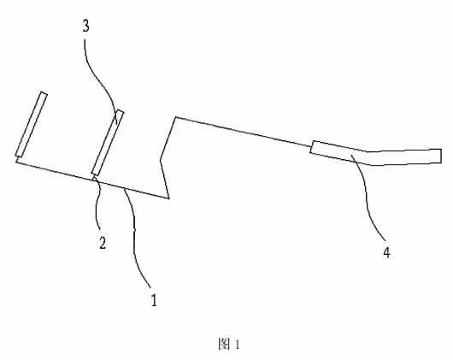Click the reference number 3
(x=85, y=26)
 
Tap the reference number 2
(x=103, y=242)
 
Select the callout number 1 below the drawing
(x=154, y=300)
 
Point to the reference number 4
(x=387, y=252)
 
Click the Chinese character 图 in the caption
(x=224, y=344)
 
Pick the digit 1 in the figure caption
(x=238, y=345)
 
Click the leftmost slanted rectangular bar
(x=32, y=125)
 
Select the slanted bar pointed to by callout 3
(x=108, y=143)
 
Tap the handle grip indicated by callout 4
(x=375, y=153)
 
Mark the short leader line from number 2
(x=98, y=203)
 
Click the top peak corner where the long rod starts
(x=176, y=117)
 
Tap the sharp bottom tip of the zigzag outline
(x=168, y=198)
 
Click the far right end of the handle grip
(x=441, y=156)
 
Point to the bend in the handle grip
(x=369, y=158)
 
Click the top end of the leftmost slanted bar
(x=44, y=93)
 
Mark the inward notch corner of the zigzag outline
(x=161, y=159)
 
